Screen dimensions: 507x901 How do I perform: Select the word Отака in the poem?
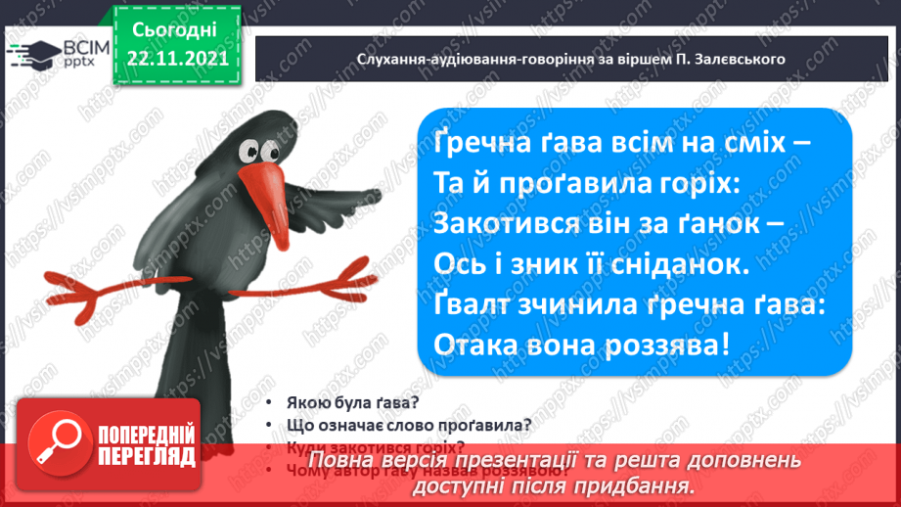click(x=472, y=346)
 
